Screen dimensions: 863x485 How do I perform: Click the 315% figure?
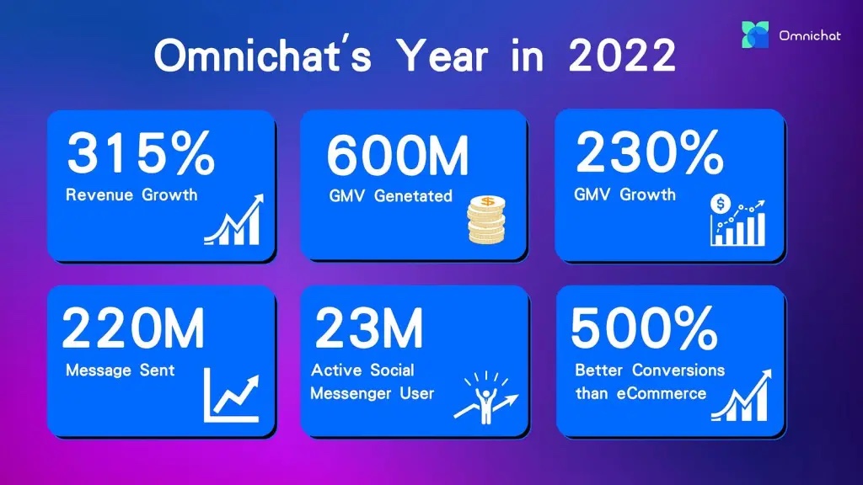[141, 153]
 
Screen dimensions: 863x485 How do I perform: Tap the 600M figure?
[398, 156]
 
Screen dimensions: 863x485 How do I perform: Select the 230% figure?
[650, 153]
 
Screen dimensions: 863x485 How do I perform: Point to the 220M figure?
[133, 328]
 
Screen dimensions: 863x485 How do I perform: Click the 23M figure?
[369, 328]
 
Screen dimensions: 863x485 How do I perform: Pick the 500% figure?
[645, 328]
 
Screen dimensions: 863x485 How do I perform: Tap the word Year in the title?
[442, 56]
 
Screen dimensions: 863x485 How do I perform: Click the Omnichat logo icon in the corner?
[755, 35]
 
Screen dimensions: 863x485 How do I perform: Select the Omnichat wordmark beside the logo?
[810, 35]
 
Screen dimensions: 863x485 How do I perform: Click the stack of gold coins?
[486, 220]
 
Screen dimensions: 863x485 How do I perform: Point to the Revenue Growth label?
[131, 195]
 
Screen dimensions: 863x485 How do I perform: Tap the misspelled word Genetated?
[413, 195]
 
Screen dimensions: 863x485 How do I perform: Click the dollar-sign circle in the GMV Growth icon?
[720, 204]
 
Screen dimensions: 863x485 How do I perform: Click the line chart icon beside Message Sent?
[231, 396]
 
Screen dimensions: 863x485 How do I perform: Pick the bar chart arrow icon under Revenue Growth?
[234, 219]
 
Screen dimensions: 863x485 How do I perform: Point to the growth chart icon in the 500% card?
[742, 396]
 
